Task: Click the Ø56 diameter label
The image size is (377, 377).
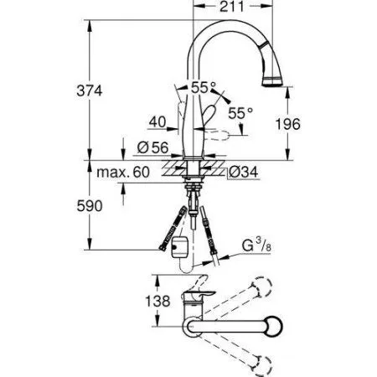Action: coord(152,147)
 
